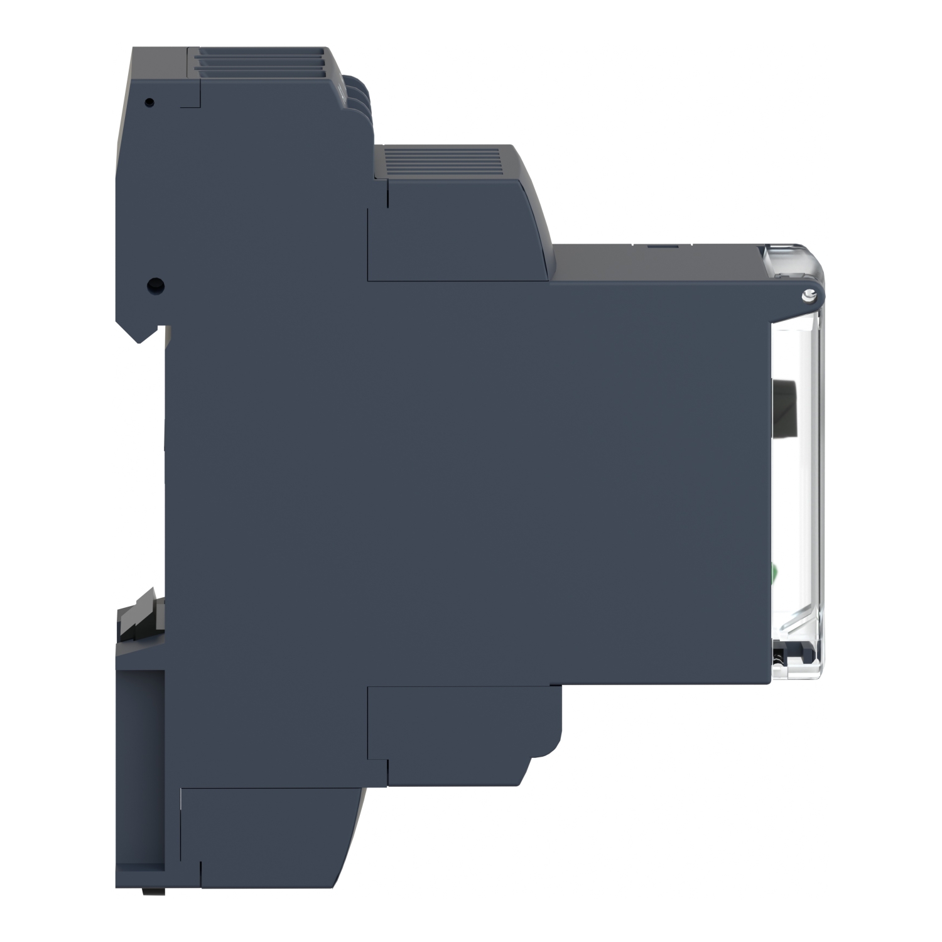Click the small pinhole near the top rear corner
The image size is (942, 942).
point(149,102)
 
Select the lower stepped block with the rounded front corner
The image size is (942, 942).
point(465,722)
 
